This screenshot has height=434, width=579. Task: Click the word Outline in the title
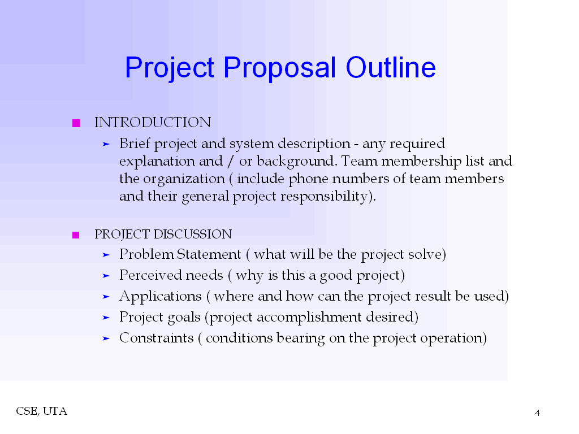click(391, 68)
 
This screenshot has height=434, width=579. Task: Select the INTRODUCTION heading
click(152, 123)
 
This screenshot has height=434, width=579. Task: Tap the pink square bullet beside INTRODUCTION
click(76, 123)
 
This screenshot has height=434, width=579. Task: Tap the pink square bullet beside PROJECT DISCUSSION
click(76, 235)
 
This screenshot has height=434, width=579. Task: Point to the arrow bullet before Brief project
click(105, 145)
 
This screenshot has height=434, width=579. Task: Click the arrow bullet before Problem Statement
click(105, 255)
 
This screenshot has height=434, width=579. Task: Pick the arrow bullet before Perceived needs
click(105, 276)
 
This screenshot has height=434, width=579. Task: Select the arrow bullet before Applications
click(105, 297)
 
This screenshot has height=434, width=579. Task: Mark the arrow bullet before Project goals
click(105, 318)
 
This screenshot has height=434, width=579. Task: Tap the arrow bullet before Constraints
click(105, 339)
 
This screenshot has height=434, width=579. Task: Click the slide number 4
click(537, 413)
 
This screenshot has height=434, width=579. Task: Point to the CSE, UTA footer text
click(41, 411)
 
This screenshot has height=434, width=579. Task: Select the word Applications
click(160, 297)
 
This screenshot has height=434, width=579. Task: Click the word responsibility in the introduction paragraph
click(329, 197)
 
